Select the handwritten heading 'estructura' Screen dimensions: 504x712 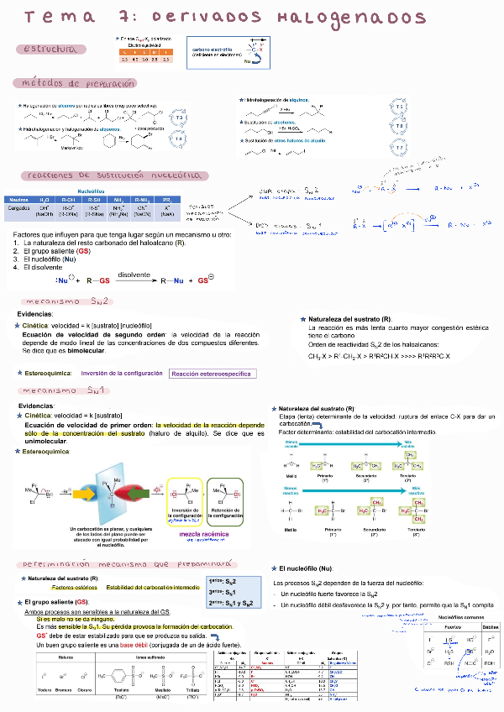[51, 50]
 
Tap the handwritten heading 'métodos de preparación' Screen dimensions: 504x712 [73, 84]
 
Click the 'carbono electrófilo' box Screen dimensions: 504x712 [211, 53]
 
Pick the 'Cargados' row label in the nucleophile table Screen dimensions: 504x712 [18, 207]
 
